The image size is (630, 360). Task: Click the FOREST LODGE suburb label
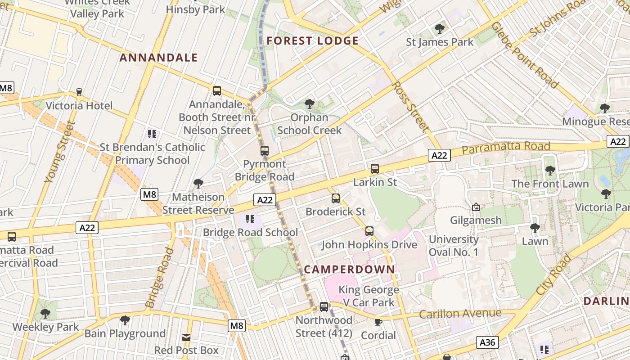tap(312, 41)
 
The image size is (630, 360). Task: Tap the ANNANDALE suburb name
tap(159, 58)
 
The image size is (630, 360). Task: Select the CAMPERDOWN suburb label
tap(349, 270)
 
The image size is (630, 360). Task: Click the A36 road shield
tap(487, 342)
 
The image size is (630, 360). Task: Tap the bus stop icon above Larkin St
tap(374, 169)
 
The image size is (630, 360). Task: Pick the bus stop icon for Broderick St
tap(335, 198)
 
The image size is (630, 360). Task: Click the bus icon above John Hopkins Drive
tap(369, 231)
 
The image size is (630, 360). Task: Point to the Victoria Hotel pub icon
tap(79, 92)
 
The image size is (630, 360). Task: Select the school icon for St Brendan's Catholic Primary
tap(152, 134)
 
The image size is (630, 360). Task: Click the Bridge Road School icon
tap(250, 219)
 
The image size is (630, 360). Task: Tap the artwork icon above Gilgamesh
tap(476, 207)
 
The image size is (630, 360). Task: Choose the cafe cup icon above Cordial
tap(378, 322)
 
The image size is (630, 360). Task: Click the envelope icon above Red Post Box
tap(186, 337)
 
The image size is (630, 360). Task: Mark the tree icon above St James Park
tap(440, 29)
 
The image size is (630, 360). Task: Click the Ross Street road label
tap(410, 106)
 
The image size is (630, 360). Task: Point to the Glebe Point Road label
tap(524, 55)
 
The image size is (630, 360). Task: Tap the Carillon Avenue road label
tap(460, 313)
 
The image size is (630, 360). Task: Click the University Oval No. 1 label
tap(453, 246)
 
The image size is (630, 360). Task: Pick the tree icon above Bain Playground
tap(125, 320)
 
